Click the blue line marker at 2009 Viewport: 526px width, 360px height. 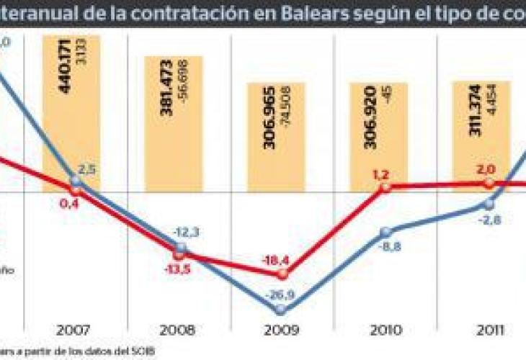tap(281, 310)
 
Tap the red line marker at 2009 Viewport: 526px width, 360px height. tap(282, 274)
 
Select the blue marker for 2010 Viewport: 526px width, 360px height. tap(385, 232)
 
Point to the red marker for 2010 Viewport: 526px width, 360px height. tap(385, 187)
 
